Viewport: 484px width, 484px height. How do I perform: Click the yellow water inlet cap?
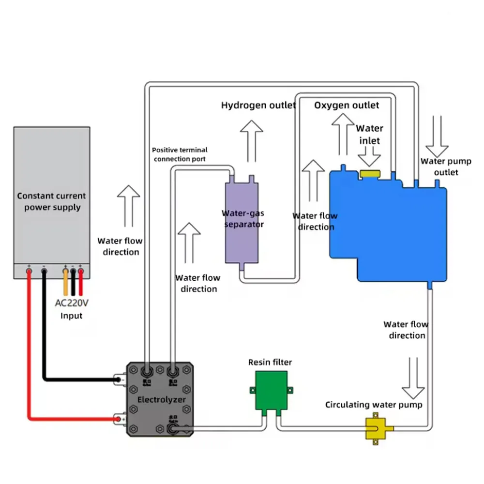point(370,174)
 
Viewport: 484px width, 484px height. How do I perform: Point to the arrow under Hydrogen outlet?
point(252,140)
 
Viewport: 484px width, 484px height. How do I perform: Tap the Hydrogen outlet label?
point(258,106)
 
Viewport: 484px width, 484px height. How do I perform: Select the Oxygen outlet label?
point(347,106)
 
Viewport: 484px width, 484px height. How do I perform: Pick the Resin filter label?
point(270,362)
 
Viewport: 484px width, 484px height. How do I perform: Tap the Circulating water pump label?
point(374,405)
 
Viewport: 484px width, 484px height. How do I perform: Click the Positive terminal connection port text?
point(179,154)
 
